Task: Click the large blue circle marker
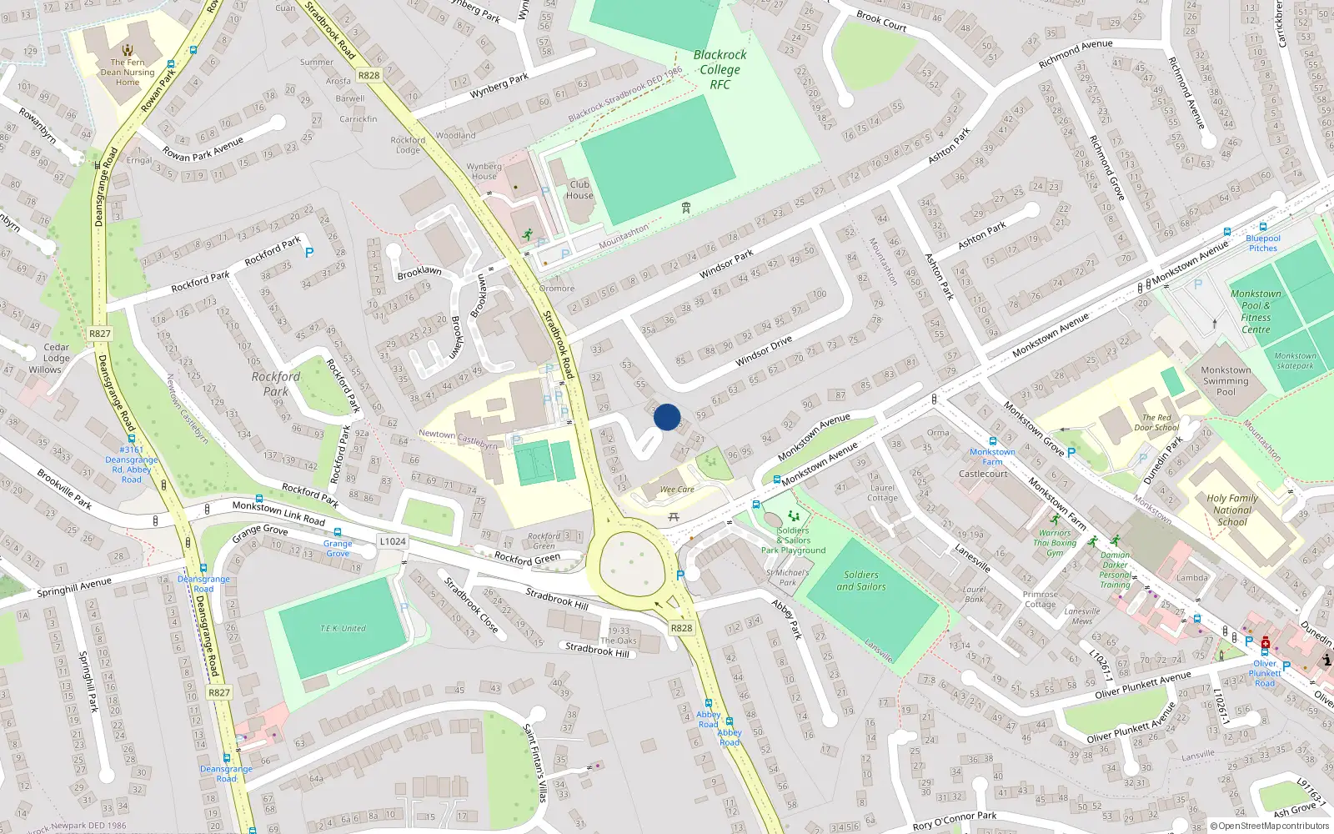point(667,417)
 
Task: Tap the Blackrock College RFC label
point(720,69)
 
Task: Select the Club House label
point(579,190)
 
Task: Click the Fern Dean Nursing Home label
point(128,73)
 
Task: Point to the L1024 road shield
point(393,541)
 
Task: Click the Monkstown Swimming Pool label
point(1226,381)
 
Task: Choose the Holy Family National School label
point(1232,510)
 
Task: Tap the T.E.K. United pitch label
point(344,628)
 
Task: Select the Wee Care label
point(677,490)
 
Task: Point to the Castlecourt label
point(983,474)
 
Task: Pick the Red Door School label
point(1156,423)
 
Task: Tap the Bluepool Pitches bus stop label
point(1263,243)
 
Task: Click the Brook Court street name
point(881,20)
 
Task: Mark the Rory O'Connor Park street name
point(954,821)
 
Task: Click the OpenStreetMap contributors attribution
point(1270,826)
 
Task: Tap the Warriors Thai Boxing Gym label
point(1055,543)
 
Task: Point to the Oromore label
point(556,289)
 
